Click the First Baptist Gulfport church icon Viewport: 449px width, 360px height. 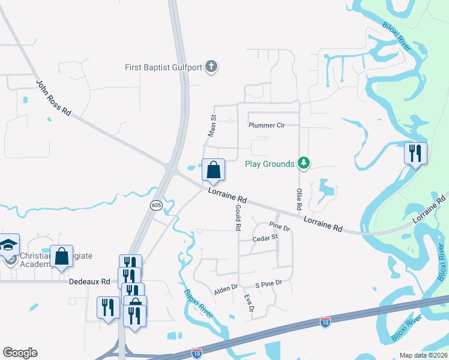click(211, 66)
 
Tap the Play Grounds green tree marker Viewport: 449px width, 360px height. click(304, 163)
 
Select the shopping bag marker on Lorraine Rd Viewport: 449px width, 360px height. click(213, 170)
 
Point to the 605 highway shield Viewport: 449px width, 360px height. click(156, 205)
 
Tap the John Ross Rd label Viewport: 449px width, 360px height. click(53, 98)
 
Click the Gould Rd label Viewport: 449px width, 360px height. click(237, 217)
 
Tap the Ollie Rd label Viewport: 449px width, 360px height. click(298, 199)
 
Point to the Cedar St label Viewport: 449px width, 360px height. click(265, 238)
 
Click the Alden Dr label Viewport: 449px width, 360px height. click(226, 290)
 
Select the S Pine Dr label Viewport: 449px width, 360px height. click(268, 283)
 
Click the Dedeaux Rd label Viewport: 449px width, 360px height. click(89, 281)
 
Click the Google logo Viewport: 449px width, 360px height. click(20, 353)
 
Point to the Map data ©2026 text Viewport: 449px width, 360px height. click(423, 355)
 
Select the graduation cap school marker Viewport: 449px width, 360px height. click(10, 245)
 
